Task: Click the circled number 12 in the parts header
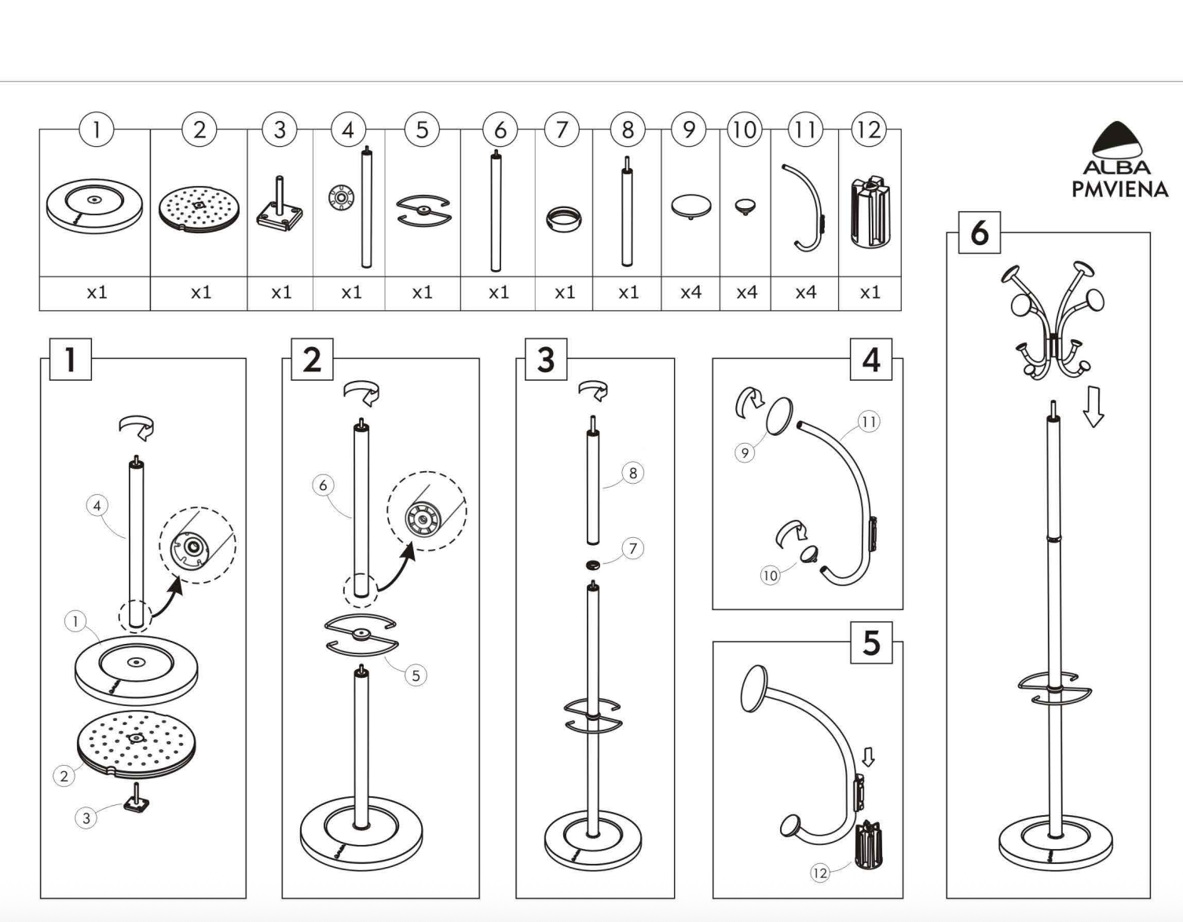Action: coord(869,130)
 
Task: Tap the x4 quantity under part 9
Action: coord(690,293)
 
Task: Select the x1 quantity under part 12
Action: coord(870,293)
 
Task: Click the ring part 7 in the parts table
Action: coord(563,220)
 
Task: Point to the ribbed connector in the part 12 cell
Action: coord(870,211)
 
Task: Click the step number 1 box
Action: coord(70,359)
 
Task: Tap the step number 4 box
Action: coord(871,359)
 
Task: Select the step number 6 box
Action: coord(980,233)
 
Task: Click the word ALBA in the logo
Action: coord(1116,167)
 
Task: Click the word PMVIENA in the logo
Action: coord(1120,188)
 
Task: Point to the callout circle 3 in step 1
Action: coord(86,818)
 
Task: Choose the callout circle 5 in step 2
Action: coord(416,675)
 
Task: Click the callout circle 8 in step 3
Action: coord(632,473)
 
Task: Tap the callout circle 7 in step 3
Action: coord(632,548)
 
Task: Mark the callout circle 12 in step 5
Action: coord(819,873)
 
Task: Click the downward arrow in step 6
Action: coord(1093,407)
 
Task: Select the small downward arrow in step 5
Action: coord(868,757)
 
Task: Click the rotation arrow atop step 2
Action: coord(361,393)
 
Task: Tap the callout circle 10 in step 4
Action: coord(770,576)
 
